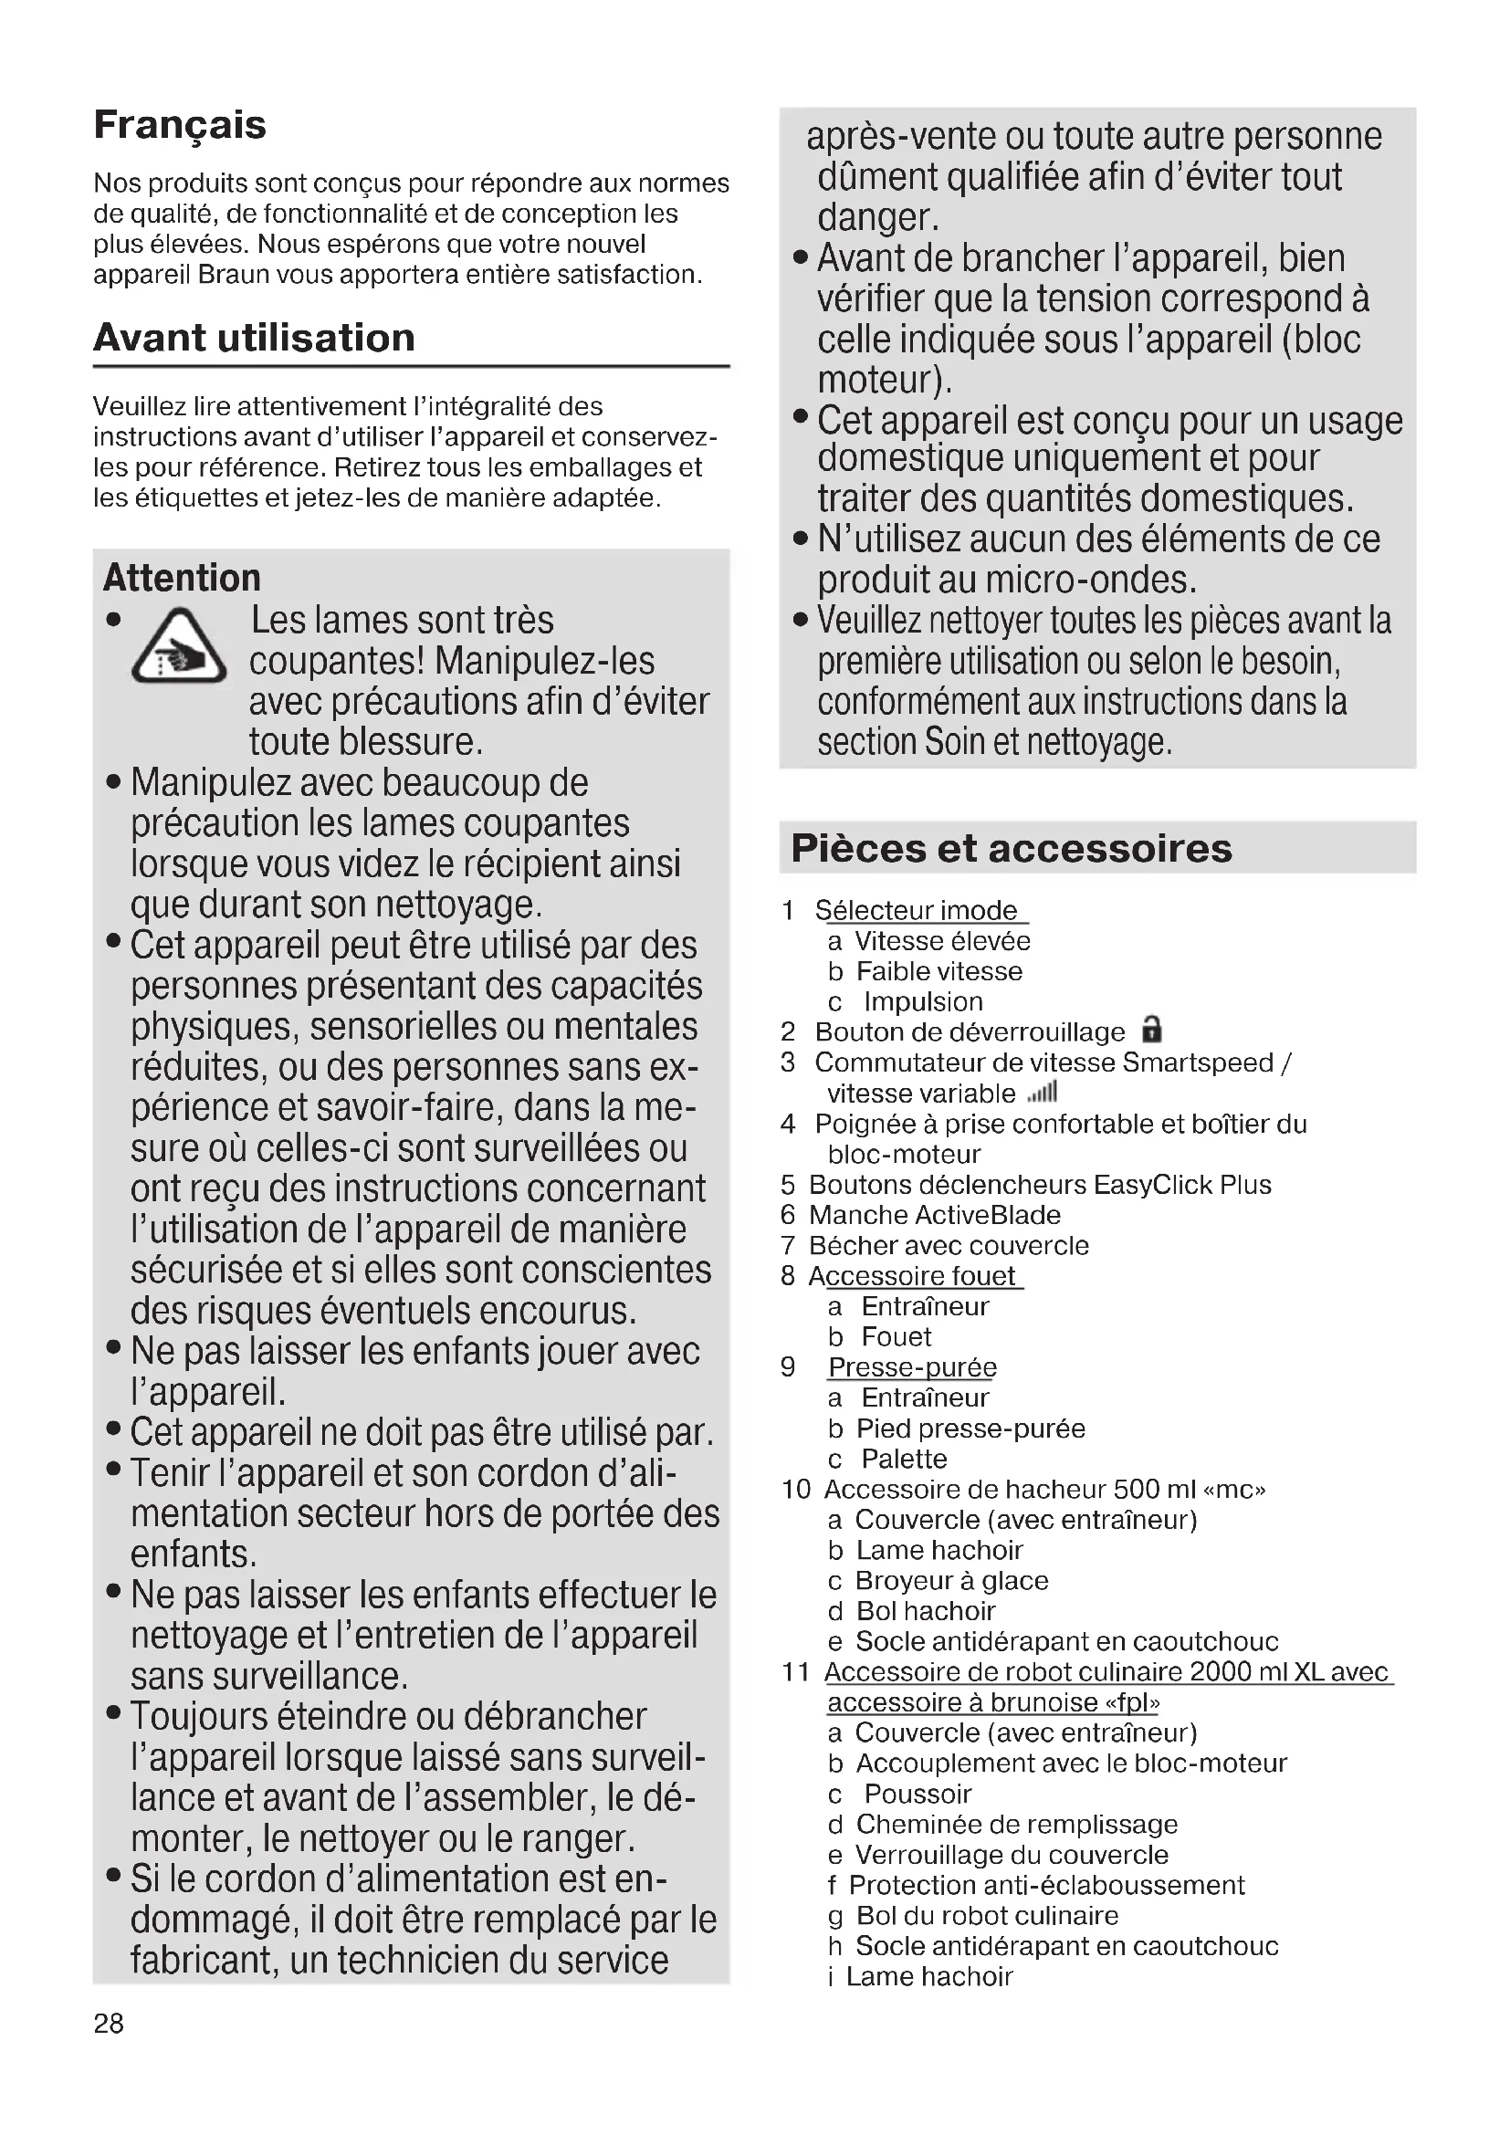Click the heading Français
pos(180,125)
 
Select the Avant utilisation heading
pos(254,338)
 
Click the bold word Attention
pos(182,578)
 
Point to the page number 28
pos(108,2024)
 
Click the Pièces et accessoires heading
pos(1011,848)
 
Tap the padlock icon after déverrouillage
pos(1152,1030)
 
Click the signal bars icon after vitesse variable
pos(1043,1092)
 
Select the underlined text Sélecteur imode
pos(916,909)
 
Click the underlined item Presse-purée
pos(912,1367)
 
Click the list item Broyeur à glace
pos(951,1580)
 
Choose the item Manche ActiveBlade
pos(935,1214)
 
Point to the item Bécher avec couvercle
pos(949,1245)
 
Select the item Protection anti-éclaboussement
pos(1046,1885)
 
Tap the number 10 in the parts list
pos(796,1489)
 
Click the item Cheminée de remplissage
pos(1016,1824)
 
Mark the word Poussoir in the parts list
pos(918,1794)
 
